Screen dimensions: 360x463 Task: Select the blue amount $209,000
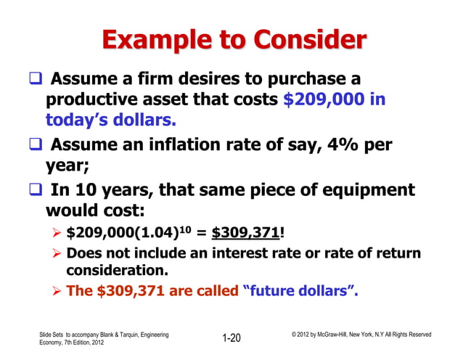click(x=324, y=99)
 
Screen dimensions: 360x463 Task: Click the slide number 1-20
click(x=231, y=337)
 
